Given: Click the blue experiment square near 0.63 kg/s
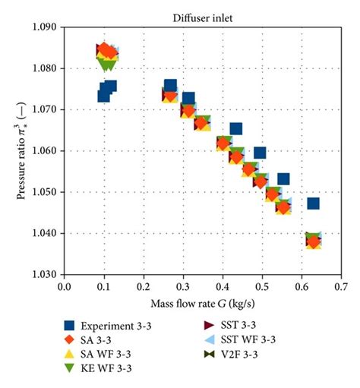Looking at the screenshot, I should tap(313, 203).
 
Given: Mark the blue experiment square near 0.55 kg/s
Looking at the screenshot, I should tap(283, 179).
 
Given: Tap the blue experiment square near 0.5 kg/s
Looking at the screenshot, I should tap(260, 153).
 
